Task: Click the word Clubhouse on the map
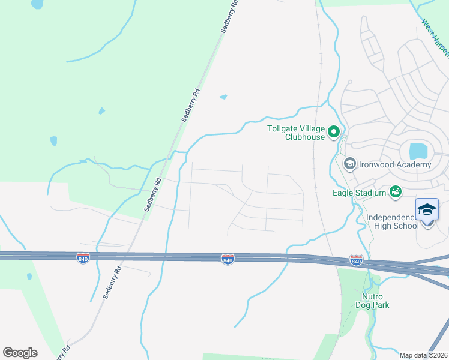point(305,137)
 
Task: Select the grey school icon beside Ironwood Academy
point(349,163)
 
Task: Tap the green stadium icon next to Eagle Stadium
point(395,191)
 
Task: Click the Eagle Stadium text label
point(359,193)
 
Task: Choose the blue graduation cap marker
point(427,211)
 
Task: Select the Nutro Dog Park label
point(376,301)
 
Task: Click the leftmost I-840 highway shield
point(83,258)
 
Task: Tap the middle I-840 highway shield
point(228,259)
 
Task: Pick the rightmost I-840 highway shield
point(356,261)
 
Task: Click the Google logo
point(20,353)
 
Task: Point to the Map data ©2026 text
point(423,355)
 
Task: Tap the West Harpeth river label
point(435,36)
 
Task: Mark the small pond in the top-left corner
point(37,4)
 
